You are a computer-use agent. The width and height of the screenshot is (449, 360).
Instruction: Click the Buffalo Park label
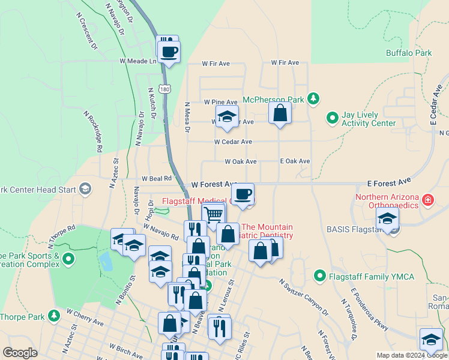409,53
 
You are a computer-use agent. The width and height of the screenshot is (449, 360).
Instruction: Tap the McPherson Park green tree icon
312,98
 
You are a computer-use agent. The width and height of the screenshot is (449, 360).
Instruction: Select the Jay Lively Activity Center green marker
331,118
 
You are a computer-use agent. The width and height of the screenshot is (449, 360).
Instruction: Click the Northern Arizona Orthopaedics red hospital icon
428,200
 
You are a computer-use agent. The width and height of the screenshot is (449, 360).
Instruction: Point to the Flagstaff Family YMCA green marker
319,277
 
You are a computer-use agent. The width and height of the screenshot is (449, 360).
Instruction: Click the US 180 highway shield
166,89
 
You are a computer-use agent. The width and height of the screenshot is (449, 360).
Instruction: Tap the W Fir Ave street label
216,63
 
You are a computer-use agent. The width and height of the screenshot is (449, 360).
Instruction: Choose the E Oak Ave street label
295,161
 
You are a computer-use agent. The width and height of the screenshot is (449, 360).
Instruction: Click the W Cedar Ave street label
233,142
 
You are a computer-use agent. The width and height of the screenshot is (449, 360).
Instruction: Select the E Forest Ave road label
388,180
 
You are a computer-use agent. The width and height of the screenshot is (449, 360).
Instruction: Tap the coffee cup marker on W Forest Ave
243,194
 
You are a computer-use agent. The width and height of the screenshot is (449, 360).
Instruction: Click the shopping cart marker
214,214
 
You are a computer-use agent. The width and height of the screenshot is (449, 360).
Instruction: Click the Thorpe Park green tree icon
55,315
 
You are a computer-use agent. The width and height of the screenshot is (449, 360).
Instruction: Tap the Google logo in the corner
20,353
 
